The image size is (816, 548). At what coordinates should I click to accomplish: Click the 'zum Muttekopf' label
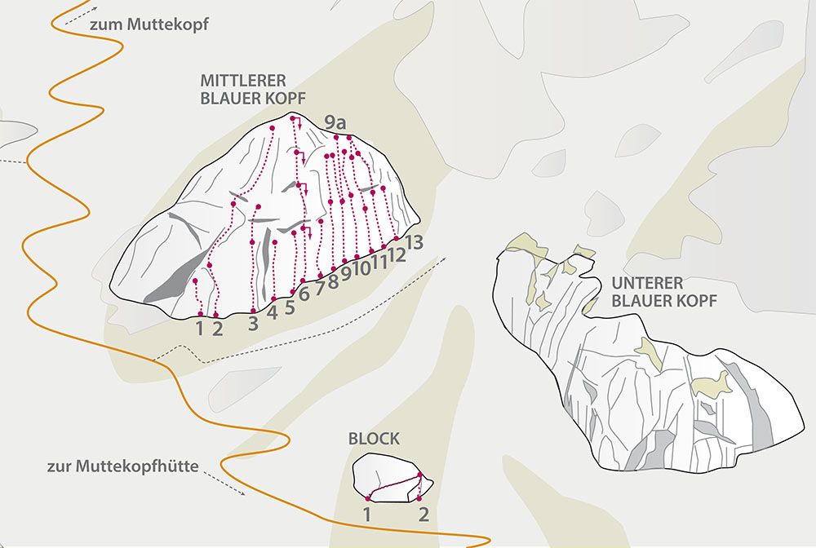pos(149,24)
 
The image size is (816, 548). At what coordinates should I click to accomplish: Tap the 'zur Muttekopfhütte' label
pos(123,466)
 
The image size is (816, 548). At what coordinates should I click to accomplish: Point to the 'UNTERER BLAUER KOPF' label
pos(664,292)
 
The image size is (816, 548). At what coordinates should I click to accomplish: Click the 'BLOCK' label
pos(375,438)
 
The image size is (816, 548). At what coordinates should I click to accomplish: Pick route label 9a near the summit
pos(335,124)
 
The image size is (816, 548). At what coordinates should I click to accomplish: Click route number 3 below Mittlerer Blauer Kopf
pos(253,324)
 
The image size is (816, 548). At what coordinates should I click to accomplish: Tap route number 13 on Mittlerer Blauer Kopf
pos(414,242)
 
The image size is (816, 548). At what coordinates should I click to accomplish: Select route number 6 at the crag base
pos(304,294)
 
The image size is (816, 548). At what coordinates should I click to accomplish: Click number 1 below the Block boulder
pos(367,515)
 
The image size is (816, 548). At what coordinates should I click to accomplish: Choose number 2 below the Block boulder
pos(424,515)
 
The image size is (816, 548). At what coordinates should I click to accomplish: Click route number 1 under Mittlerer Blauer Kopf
pos(199,329)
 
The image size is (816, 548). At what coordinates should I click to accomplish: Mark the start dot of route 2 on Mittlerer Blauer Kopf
pos(216,315)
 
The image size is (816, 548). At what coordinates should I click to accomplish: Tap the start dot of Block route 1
pos(368,498)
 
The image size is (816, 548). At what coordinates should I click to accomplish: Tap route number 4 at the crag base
pos(273,313)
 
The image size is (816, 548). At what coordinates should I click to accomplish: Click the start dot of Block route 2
pos(419,498)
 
